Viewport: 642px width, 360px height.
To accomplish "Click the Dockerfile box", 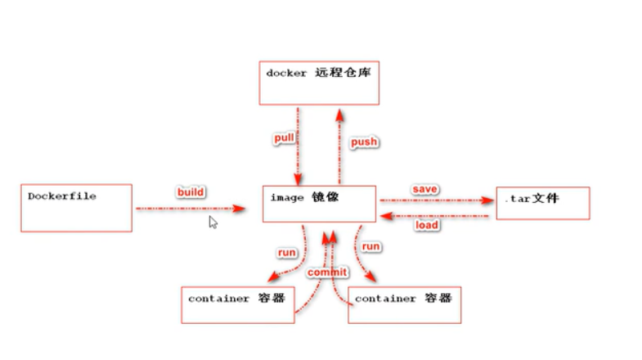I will point(76,208).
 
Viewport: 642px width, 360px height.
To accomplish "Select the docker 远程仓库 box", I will point(319,83).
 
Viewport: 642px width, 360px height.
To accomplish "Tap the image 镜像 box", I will point(319,204).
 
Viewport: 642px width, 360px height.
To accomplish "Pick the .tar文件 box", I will point(542,203).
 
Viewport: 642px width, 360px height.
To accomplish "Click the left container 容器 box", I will point(236,304).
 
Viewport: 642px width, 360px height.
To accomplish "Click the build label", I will point(190,192).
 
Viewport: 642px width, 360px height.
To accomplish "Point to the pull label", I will point(284,138).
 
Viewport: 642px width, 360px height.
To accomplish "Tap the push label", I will point(364,142).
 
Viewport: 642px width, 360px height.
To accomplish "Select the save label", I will point(424,189).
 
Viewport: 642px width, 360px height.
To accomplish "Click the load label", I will point(426,225).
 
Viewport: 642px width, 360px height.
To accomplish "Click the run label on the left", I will point(287,253).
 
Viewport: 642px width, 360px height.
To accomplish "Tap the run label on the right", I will point(371,246).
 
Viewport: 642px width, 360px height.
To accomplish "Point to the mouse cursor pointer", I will point(213,221).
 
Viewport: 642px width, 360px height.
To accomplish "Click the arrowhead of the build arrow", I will point(240,209).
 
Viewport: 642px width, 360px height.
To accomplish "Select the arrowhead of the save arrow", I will point(489,200).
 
